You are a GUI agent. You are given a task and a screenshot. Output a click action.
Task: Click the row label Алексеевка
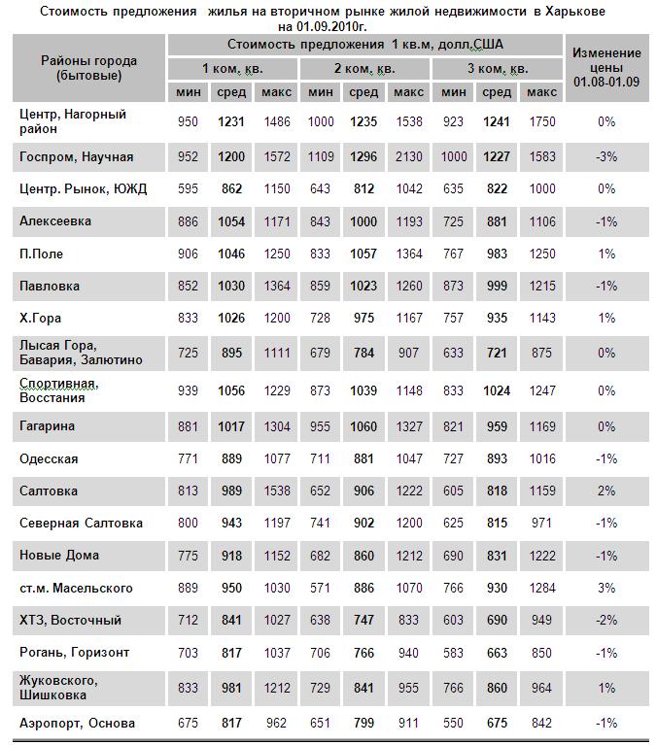click(x=55, y=221)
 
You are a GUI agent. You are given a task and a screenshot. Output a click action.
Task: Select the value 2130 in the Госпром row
click(x=408, y=156)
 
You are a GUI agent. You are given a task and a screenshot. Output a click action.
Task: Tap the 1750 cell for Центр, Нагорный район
click(x=541, y=121)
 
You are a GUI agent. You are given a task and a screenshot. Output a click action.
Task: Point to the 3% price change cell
click(x=606, y=588)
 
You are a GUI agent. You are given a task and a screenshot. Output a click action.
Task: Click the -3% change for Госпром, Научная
click(x=606, y=156)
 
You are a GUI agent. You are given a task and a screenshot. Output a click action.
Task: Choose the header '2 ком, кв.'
click(x=363, y=69)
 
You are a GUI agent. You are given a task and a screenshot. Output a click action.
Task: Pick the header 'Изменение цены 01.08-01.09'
click(x=606, y=68)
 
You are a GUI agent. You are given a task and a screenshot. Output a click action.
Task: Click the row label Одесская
click(x=49, y=458)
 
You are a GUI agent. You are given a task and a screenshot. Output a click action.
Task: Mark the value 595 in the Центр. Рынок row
click(x=189, y=189)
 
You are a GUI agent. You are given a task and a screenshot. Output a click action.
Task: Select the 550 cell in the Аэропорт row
click(x=453, y=723)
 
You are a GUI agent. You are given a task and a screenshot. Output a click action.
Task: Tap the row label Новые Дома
click(x=58, y=556)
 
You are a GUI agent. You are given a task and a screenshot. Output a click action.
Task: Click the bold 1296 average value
click(x=363, y=156)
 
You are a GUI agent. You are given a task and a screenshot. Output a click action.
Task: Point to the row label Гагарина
click(x=47, y=425)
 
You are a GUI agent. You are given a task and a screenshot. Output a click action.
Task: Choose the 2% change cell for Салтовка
click(x=606, y=491)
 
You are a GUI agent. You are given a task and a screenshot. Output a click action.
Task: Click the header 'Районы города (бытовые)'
click(x=88, y=68)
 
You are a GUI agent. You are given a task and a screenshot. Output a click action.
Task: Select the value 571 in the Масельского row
click(x=320, y=588)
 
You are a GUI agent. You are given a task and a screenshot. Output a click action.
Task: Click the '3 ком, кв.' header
click(x=497, y=69)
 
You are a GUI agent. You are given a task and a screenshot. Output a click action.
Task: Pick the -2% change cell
click(x=606, y=620)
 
